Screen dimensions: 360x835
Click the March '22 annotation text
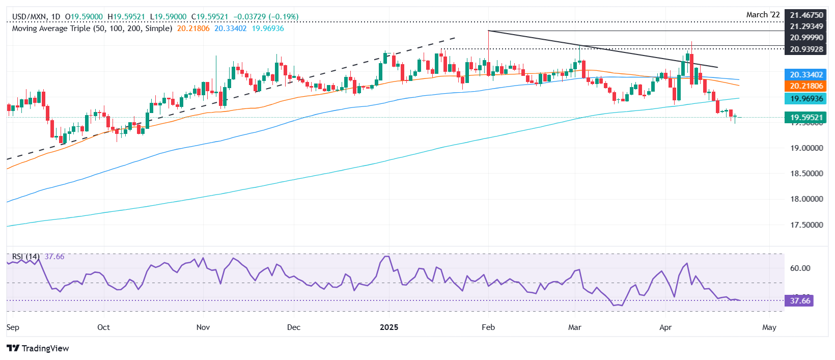pos(763,15)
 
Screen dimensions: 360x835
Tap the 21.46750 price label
pos(806,15)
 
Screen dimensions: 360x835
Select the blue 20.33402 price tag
pos(806,75)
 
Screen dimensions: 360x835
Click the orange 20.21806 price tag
pos(806,86)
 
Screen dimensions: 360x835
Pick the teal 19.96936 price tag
pos(806,98)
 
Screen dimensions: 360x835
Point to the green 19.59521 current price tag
pos(806,118)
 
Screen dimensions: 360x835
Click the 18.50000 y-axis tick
pos(806,174)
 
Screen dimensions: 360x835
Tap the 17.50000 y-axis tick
pos(806,225)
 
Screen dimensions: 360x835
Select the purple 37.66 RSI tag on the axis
pos(799,301)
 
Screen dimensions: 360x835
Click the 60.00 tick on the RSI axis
pos(800,268)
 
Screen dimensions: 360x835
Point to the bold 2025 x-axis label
pos(389,327)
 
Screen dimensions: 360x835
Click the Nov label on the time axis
pos(203,327)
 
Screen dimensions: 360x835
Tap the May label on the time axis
pos(769,327)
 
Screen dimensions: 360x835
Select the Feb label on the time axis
pos(488,327)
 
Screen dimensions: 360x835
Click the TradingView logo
pos(38,348)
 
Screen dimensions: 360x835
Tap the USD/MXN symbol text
pos(29,17)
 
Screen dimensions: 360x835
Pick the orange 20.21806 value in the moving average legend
pos(193,29)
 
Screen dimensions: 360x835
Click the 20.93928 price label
pos(806,49)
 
